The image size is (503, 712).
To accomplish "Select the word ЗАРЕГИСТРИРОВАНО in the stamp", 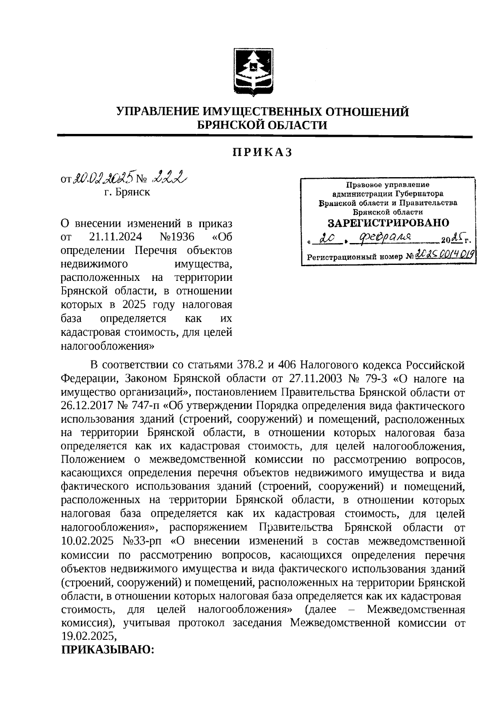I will pyautogui.click(x=388, y=223).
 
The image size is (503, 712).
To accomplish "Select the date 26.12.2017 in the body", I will pyautogui.click(x=86, y=406).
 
